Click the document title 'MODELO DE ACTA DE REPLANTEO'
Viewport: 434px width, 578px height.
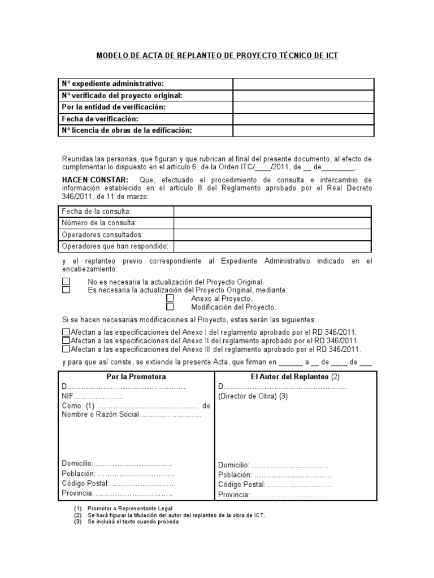(217, 56)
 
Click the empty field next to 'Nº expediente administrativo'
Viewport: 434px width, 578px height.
(303, 84)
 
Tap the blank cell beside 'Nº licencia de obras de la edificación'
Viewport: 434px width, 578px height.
(303, 131)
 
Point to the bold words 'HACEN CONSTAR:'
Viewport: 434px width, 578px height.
(95, 179)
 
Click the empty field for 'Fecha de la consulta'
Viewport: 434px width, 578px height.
(272, 211)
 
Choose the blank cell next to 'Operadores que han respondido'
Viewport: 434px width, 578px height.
(272, 246)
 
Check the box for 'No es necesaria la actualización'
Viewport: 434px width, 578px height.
(66, 281)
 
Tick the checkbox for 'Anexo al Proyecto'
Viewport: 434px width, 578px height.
(170, 298)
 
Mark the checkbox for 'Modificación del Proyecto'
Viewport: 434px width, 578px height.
(170, 307)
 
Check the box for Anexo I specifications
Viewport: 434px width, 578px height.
(66, 332)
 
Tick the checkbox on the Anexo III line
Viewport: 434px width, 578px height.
(66, 349)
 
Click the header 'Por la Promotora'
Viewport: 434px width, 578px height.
(136, 376)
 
